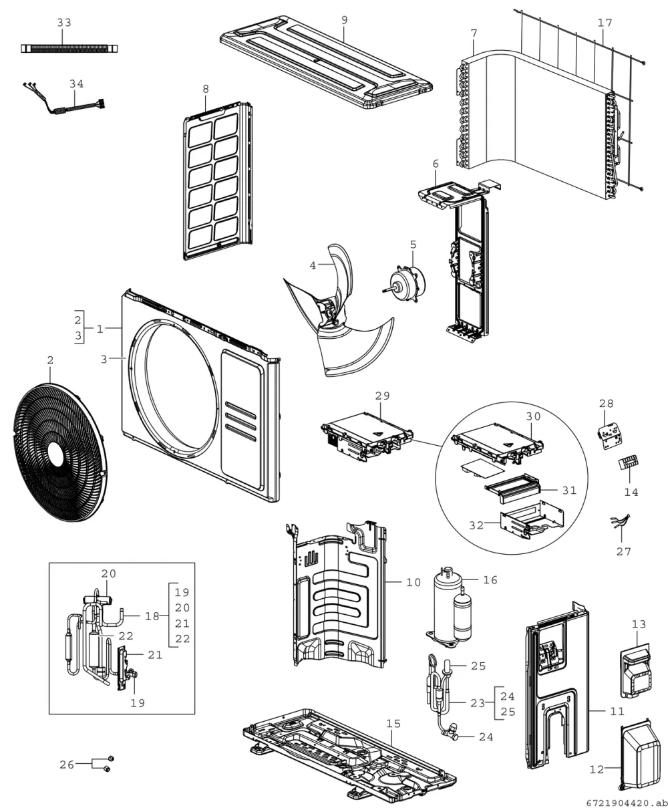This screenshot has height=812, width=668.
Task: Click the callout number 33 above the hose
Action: click(x=64, y=23)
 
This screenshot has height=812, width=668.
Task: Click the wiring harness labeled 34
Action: click(x=64, y=101)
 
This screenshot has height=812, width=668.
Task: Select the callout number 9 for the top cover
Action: click(x=345, y=20)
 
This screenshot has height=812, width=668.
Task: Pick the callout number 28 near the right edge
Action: click(x=606, y=404)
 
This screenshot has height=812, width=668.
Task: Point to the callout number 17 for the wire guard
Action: click(x=605, y=23)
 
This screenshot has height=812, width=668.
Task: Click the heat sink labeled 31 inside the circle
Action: click(x=513, y=487)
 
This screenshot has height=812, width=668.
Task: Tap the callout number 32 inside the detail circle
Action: click(x=476, y=525)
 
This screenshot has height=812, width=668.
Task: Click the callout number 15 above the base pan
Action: click(x=393, y=723)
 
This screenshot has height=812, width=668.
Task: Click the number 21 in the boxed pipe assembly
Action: click(x=155, y=654)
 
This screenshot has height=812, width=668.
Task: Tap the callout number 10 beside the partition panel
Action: click(x=413, y=583)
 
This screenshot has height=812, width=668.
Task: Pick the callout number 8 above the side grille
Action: click(x=206, y=89)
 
